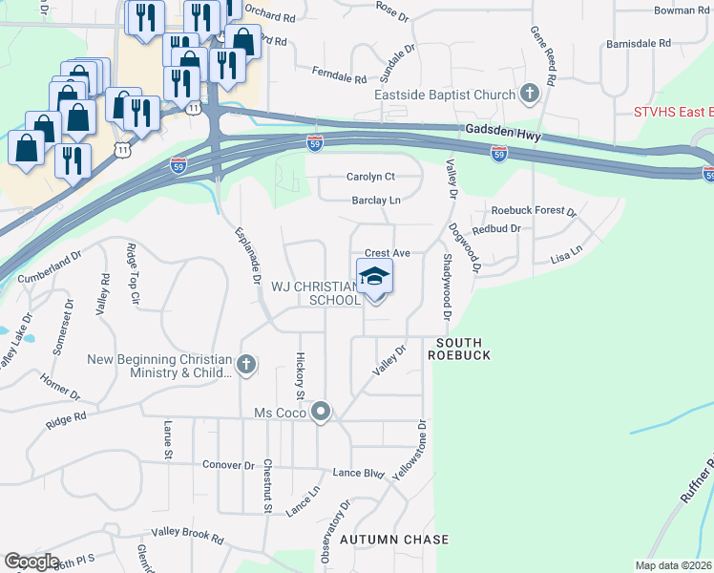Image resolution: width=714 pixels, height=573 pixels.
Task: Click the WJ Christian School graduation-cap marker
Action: (375, 279)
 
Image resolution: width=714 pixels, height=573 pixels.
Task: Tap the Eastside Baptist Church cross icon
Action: (530, 94)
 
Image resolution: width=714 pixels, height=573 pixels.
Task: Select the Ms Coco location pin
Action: (322, 413)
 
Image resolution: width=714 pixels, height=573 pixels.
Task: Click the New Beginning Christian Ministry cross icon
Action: (246, 364)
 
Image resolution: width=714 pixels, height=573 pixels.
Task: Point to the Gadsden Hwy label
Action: (503, 135)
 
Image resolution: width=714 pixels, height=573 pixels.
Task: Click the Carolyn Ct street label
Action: (370, 177)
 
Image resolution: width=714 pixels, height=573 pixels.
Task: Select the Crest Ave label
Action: (387, 253)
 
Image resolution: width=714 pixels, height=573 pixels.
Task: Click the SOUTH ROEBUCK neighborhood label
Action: (464, 349)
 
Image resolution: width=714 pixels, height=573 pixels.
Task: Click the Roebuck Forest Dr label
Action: (534, 211)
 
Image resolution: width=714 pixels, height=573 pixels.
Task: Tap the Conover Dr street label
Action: (228, 465)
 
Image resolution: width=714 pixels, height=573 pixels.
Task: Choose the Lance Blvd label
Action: (358, 473)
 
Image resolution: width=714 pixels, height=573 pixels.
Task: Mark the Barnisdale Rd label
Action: (639, 44)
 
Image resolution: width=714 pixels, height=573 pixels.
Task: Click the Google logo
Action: (31, 562)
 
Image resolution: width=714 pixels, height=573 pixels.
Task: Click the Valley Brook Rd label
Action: (186, 535)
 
